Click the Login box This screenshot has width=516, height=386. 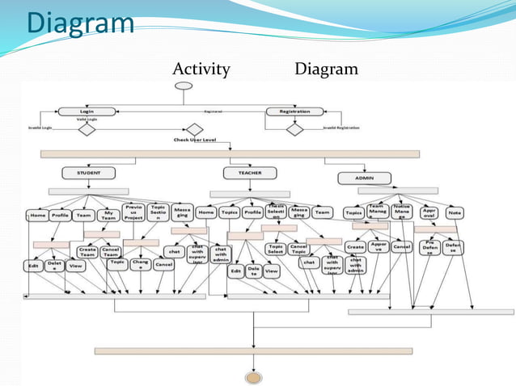pyautogui.click(x=87, y=111)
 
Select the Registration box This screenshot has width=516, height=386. pyautogui.click(x=294, y=111)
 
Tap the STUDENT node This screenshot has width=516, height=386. pyautogui.click(x=88, y=173)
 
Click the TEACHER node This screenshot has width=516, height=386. pyautogui.click(x=249, y=173)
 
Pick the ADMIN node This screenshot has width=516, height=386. pyautogui.click(x=364, y=178)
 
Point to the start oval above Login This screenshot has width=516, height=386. pyautogui.click(x=184, y=86)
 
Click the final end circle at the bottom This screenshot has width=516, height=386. pyautogui.click(x=254, y=377)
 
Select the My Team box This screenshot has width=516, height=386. pyautogui.click(x=109, y=216)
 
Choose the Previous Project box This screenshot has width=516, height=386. pyautogui.click(x=134, y=212)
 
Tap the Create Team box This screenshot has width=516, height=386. pyautogui.click(x=87, y=252)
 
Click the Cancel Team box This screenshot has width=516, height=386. pyautogui.click(x=112, y=252)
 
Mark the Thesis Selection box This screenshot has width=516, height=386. pyautogui.click(x=276, y=212)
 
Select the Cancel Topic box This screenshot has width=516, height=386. pyautogui.click(x=298, y=250)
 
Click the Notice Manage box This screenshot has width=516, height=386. pyautogui.click(x=401, y=212)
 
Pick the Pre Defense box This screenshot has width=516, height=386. pyautogui.click(x=430, y=248)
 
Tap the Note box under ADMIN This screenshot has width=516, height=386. pyautogui.click(x=455, y=213)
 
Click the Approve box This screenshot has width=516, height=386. pyautogui.click(x=379, y=246)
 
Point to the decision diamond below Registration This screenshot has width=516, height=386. pyautogui.click(x=295, y=129)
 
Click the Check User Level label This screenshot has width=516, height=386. pyautogui.click(x=195, y=140)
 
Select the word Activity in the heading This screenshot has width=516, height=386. pyautogui.click(x=201, y=69)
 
